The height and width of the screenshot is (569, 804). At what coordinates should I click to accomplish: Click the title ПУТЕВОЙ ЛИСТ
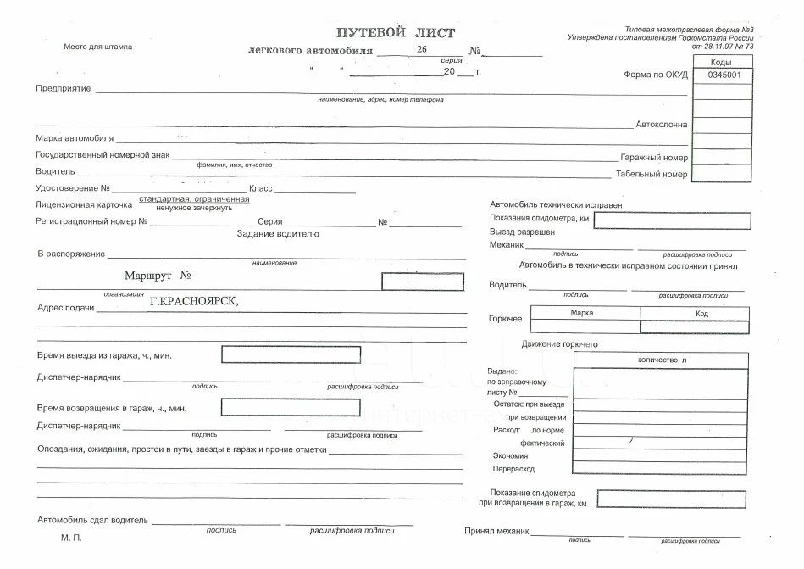[x=395, y=33]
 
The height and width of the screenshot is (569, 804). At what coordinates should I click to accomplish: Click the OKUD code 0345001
[x=723, y=75]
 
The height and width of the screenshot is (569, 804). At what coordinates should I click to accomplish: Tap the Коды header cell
[x=722, y=63]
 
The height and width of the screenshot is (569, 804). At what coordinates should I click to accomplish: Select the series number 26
[x=421, y=50]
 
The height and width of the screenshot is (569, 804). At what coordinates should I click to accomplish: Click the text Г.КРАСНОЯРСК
[x=194, y=300]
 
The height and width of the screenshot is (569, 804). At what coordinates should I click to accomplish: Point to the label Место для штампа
[x=98, y=47]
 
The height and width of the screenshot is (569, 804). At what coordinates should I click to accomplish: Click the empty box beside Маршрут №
[x=422, y=282]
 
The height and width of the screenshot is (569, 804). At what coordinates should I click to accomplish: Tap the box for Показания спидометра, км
[x=671, y=220]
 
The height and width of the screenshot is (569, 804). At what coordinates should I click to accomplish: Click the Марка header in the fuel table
[x=582, y=313]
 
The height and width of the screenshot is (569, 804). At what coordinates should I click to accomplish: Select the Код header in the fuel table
[x=701, y=313]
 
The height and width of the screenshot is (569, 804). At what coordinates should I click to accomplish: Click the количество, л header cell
[x=662, y=360]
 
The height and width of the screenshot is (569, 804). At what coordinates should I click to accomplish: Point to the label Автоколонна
[x=662, y=125]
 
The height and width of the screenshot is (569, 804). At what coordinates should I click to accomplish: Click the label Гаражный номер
[x=654, y=158]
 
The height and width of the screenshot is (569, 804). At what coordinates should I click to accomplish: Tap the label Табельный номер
[x=652, y=175]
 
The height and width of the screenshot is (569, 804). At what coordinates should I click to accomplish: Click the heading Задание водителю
[x=278, y=234]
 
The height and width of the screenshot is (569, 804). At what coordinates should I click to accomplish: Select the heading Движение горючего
[x=560, y=344]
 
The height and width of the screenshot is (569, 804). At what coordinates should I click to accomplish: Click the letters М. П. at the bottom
[x=71, y=538]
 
